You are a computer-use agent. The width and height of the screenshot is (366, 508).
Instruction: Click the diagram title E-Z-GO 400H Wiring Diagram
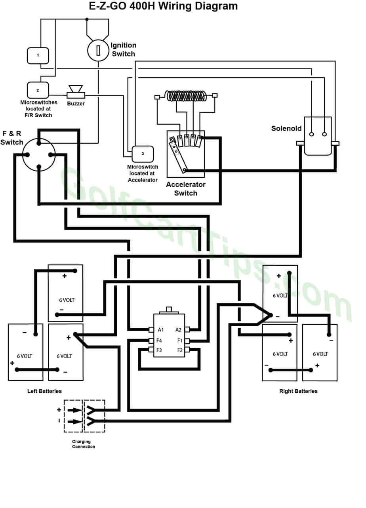tap(163, 6)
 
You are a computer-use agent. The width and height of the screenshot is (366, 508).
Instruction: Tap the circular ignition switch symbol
tap(98, 50)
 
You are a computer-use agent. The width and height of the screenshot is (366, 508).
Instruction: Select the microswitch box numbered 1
tap(38, 55)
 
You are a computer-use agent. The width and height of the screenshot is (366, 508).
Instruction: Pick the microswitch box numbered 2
tap(38, 90)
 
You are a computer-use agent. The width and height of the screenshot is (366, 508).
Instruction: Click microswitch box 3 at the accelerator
tap(143, 154)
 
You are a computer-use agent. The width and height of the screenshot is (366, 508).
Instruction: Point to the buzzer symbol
tap(75, 91)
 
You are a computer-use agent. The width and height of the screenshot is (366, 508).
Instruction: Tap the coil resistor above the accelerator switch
tap(186, 96)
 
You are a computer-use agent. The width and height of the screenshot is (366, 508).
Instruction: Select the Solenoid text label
tap(286, 128)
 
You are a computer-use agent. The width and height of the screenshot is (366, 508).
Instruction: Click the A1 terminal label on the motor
tap(161, 329)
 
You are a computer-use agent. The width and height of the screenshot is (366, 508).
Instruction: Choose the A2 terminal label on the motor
tap(178, 329)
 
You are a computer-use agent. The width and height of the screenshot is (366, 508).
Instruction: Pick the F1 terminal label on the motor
tap(179, 340)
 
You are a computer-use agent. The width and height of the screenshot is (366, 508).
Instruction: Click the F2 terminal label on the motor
tap(179, 350)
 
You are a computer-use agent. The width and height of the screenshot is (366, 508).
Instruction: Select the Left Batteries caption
tap(44, 391)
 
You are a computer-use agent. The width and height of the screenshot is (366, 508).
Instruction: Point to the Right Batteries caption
tap(298, 391)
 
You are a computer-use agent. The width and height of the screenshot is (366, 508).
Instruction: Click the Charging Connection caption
tap(84, 444)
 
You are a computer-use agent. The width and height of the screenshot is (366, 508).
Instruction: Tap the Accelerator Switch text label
tap(186, 189)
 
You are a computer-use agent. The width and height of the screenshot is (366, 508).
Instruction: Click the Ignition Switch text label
tap(123, 49)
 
